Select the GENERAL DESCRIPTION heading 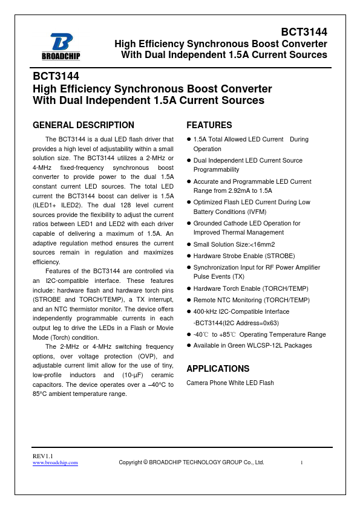83,125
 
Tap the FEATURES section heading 209,125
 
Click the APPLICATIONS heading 217,368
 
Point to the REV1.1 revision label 43,455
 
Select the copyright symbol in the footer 145,462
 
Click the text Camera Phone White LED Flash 230,383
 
